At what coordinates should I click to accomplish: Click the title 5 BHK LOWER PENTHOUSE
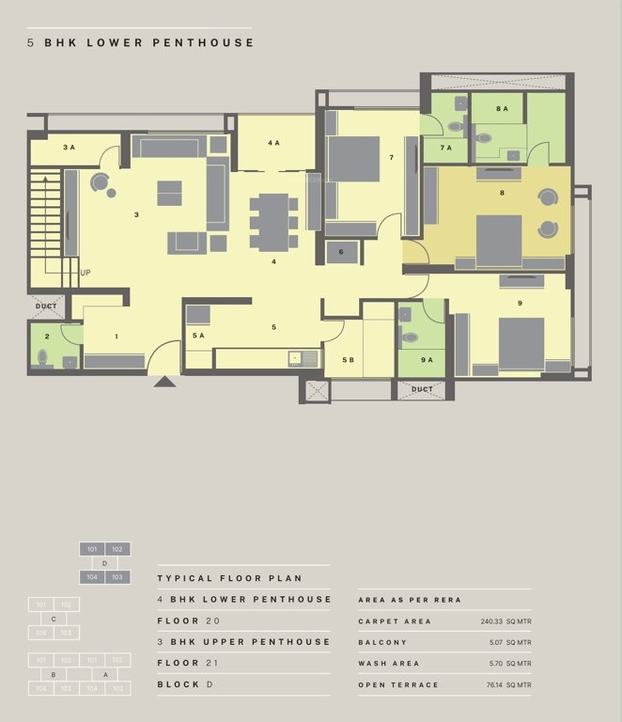coord(141,43)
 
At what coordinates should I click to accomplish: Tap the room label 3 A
coord(69,148)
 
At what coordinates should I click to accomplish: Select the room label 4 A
coord(273,143)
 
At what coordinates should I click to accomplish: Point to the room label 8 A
coord(503,109)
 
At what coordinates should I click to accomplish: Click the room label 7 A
coord(445,148)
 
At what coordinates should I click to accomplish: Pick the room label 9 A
coord(427,360)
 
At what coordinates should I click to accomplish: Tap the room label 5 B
coord(349,360)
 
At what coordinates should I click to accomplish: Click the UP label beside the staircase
coord(86,273)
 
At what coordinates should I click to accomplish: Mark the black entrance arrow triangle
coord(164,381)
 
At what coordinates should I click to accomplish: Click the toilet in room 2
coord(42,357)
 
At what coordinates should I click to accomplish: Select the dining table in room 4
coord(273,221)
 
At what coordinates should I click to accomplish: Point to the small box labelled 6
coord(341,252)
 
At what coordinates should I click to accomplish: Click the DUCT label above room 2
coord(46,306)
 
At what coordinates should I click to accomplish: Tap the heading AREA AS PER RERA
coord(410,600)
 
